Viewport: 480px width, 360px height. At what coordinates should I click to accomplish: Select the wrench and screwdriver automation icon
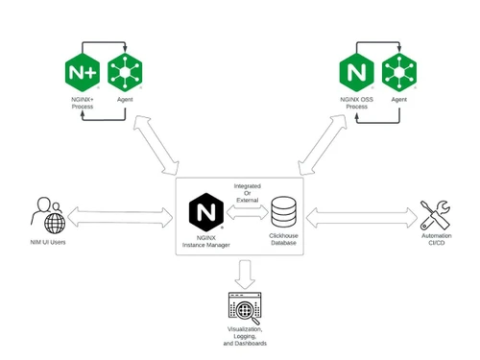coord(434,215)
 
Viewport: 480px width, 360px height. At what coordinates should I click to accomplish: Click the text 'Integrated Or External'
coord(248,191)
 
